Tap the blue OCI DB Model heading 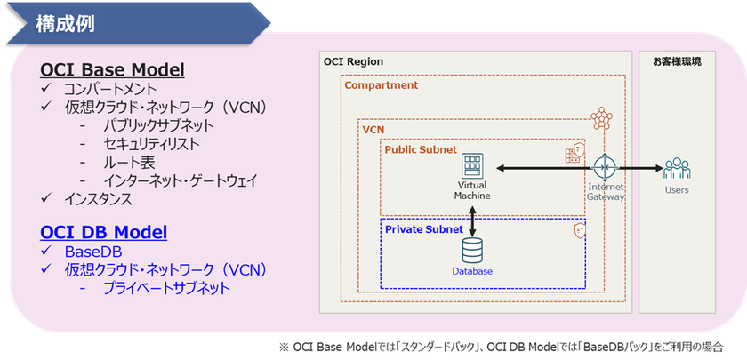[x=103, y=233]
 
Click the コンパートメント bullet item [x=110, y=90]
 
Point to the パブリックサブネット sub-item [x=157, y=125]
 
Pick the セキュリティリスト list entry [x=151, y=144]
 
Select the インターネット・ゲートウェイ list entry [x=181, y=180]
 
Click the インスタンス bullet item [x=98, y=199]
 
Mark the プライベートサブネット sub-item [x=166, y=288]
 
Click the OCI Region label [x=354, y=61]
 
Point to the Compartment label [x=381, y=85]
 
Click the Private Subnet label [x=423, y=229]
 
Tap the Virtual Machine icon [x=471, y=167]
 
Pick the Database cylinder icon [x=471, y=249]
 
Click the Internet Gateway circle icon [x=605, y=167]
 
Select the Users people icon [x=676, y=167]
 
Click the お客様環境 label [x=678, y=61]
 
